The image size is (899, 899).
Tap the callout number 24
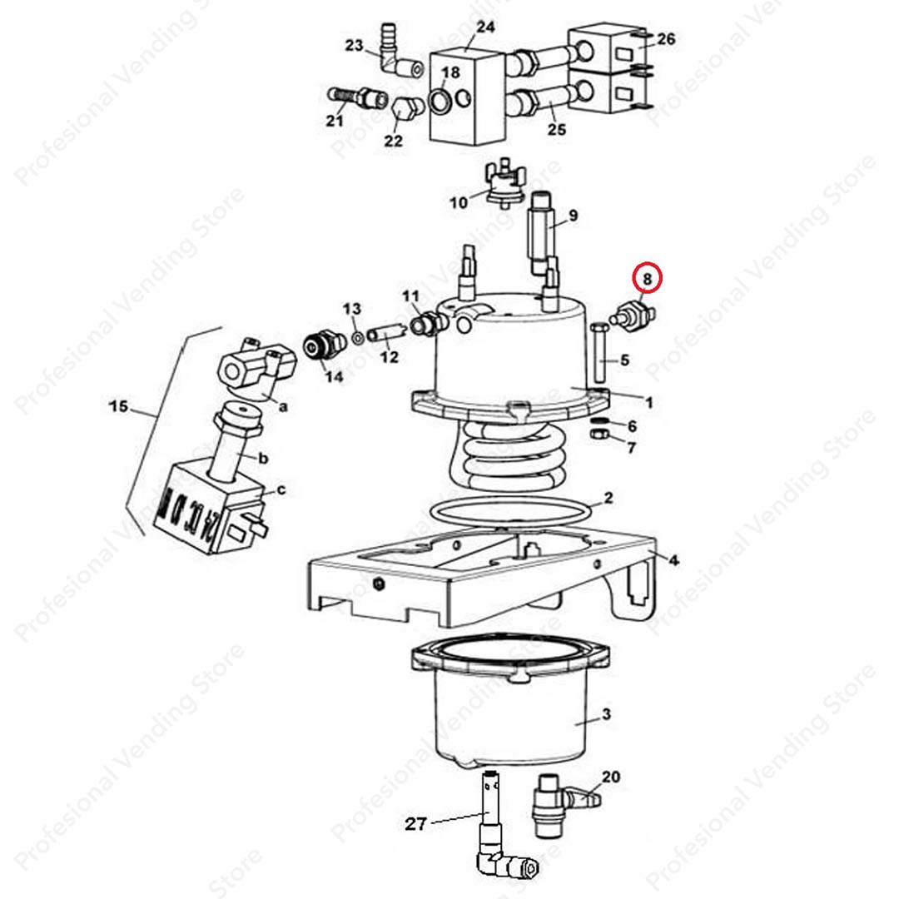(485, 27)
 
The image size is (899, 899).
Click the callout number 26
(666, 39)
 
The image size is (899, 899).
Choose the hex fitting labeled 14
(323, 345)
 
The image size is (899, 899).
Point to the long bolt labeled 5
(600, 355)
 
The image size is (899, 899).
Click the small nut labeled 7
(597, 435)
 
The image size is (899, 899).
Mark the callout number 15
(118, 406)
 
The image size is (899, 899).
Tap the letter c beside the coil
(281, 489)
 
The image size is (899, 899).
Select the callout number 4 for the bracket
(673, 560)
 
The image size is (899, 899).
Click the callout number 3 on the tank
(606, 714)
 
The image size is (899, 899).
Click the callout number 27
(415, 824)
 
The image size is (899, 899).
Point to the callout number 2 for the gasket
(608, 499)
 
